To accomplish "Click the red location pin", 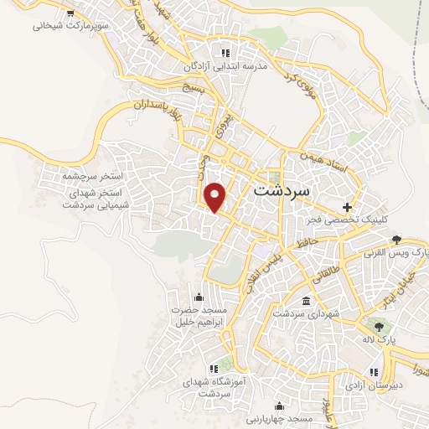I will pyautogui.click(x=217, y=197).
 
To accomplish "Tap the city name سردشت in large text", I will pyautogui.click(x=281, y=190).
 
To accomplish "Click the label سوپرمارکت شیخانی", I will pyautogui.click(x=59, y=25).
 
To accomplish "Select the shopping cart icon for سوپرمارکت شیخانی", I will pyautogui.click(x=70, y=13).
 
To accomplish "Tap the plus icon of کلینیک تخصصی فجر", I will pyautogui.click(x=346, y=206).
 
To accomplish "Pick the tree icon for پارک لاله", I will pyautogui.click(x=380, y=327).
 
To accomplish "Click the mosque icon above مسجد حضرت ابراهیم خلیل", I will pyautogui.click(x=198, y=296).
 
